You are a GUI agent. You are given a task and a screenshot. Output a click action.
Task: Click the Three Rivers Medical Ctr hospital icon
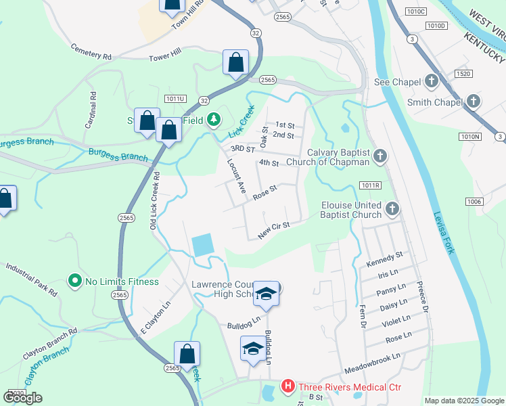coord(287,387)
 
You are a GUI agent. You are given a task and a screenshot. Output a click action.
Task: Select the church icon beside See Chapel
coord(432,82)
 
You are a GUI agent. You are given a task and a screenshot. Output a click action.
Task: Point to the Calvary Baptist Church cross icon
coord(380,157)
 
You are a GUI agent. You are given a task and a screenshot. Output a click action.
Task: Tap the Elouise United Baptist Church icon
coord(392,209)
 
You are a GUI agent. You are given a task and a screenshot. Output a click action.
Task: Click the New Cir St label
coord(273,231)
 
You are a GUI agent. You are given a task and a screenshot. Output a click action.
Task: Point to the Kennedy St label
coord(384,258)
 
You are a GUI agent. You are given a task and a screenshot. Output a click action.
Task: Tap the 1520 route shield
coord(463,74)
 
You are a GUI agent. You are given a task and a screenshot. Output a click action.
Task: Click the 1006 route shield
coord(474,202)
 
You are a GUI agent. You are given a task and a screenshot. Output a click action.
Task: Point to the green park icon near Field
coord(213,120)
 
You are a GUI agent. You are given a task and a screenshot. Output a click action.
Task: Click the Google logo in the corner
coord(22,398)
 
